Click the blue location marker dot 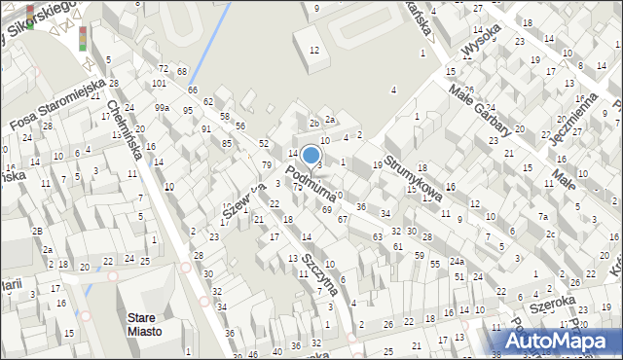pyautogui.click(x=311, y=155)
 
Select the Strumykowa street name pyautogui.click(x=413, y=178)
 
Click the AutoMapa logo pyautogui.click(x=566, y=342)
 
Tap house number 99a pyautogui.click(x=162, y=107)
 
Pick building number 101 pyautogui.click(x=158, y=84)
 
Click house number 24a pyautogui.click(x=457, y=262)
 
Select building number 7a pyautogui.click(x=544, y=216)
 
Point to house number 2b pyautogui.click(x=313, y=124)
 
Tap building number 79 pyautogui.click(x=266, y=164)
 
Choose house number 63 pyautogui.click(x=377, y=236)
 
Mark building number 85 pyautogui.click(x=227, y=144)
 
